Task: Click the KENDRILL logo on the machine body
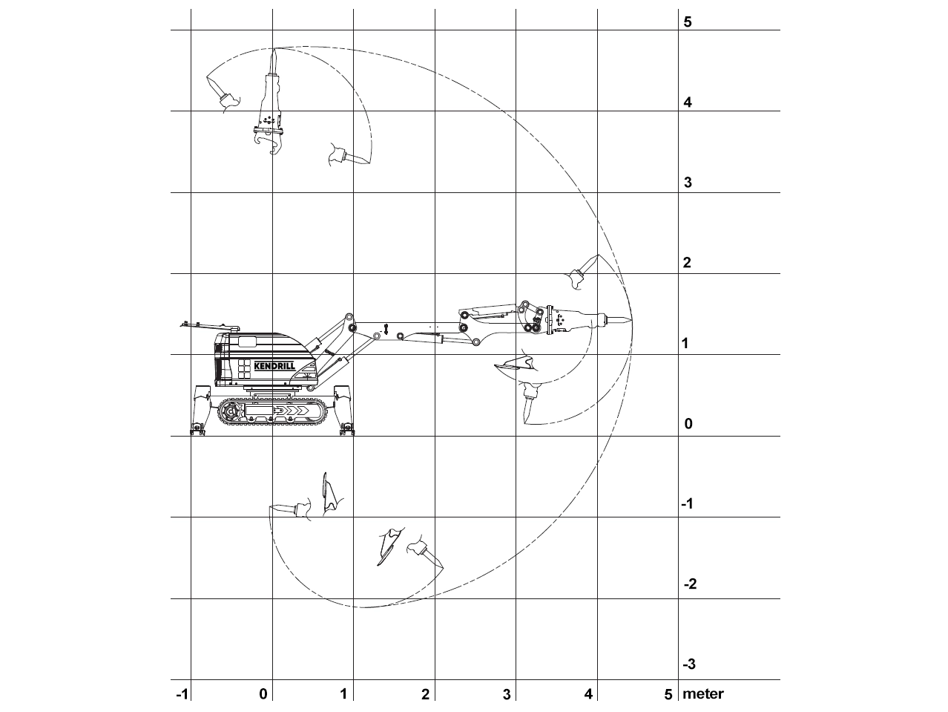coord(274,366)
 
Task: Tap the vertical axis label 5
coord(688,22)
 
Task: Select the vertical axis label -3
coord(689,664)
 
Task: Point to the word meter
coord(702,694)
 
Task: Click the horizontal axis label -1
coord(182,694)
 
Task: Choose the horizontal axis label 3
coord(507,694)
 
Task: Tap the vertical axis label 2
coord(687,262)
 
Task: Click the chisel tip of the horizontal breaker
coord(632,320)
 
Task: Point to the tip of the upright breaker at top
coord(273,49)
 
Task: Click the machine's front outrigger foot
coord(347,429)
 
